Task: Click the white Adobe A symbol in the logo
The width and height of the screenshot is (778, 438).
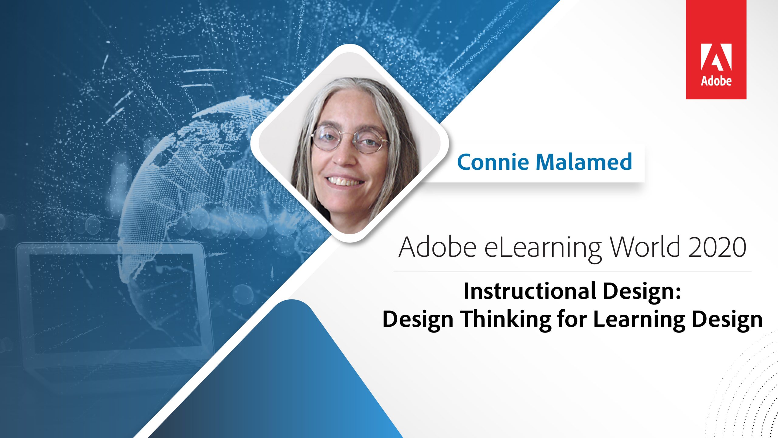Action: pyautogui.click(x=716, y=57)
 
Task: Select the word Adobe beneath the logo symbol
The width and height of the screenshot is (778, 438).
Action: pyautogui.click(x=716, y=81)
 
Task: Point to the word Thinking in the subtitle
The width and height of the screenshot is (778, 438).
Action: pyautogui.click(x=506, y=319)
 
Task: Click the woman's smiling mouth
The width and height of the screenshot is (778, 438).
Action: pyautogui.click(x=345, y=181)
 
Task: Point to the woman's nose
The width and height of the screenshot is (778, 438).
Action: pyautogui.click(x=345, y=157)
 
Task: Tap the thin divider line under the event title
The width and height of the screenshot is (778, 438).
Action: pyautogui.click(x=572, y=271)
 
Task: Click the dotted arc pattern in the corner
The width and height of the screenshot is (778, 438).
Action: pyautogui.click(x=748, y=392)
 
